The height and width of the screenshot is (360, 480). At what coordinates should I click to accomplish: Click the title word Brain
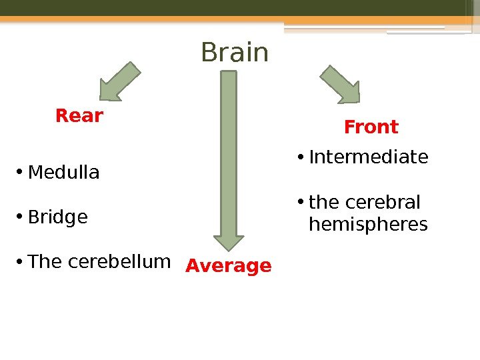(x=235, y=53)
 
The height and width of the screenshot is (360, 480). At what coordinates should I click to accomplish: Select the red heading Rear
(x=79, y=116)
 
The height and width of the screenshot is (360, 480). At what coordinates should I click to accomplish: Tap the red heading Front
(x=371, y=127)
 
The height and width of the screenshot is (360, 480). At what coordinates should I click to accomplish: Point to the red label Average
(x=229, y=266)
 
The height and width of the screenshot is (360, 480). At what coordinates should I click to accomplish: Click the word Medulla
(x=64, y=173)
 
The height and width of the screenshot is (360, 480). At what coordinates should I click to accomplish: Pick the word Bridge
(x=58, y=217)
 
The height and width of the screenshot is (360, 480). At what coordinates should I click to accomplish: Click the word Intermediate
(x=369, y=157)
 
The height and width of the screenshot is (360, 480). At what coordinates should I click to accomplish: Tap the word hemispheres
(x=369, y=225)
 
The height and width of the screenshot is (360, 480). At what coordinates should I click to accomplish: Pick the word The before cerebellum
(x=45, y=261)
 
